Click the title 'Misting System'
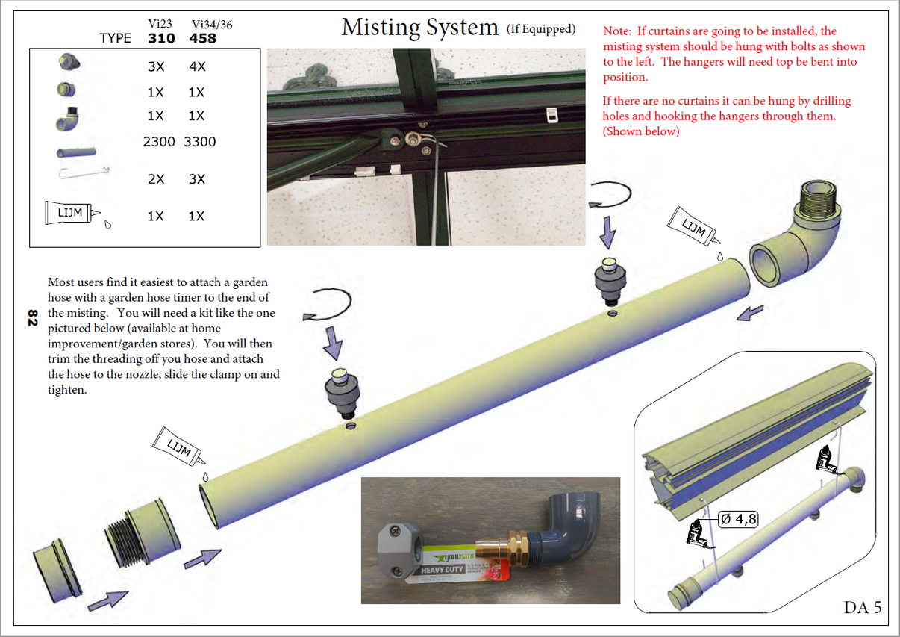click(419, 28)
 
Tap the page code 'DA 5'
click(863, 607)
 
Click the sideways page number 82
click(32, 318)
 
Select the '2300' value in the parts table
click(159, 141)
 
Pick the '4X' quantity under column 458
click(197, 66)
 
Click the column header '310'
click(161, 38)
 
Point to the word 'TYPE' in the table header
click(115, 38)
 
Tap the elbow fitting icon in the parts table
click(67, 116)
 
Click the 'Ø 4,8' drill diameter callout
click(738, 518)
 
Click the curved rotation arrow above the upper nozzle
click(610, 196)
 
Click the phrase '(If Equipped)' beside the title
click(541, 29)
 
